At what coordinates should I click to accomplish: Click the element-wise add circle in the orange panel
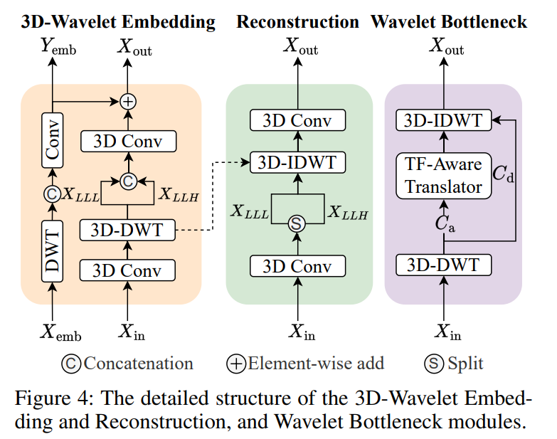point(128,102)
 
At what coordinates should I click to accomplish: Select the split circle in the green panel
point(297,224)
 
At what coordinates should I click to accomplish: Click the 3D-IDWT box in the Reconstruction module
point(297,163)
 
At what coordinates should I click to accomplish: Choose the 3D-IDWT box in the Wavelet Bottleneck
point(444,121)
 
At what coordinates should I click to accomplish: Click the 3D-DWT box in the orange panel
point(128,230)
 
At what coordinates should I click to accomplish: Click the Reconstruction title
point(297,22)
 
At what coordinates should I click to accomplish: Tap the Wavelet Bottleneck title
point(449,22)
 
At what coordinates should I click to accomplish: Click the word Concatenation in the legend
point(138,364)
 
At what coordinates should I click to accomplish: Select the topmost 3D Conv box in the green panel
point(297,120)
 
